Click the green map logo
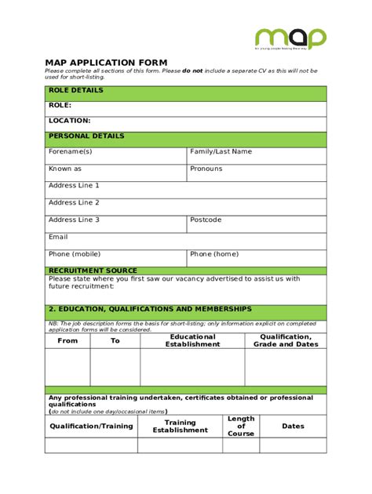pyautogui.click(x=290, y=38)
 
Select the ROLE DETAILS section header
pyautogui.click(x=76, y=90)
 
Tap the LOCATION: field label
pyautogui.click(x=69, y=121)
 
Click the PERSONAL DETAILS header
pyautogui.click(x=86, y=136)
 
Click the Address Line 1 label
pyautogui.click(x=74, y=186)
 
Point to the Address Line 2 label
pyautogui.click(x=74, y=202)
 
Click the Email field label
pyautogui.click(x=58, y=237)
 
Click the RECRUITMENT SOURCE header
pyautogui.click(x=93, y=271)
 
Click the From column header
pyautogui.click(x=68, y=341)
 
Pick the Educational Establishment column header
pyautogui.click(x=192, y=340)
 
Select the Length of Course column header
pyautogui.click(x=241, y=426)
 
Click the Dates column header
pyautogui.click(x=293, y=426)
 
